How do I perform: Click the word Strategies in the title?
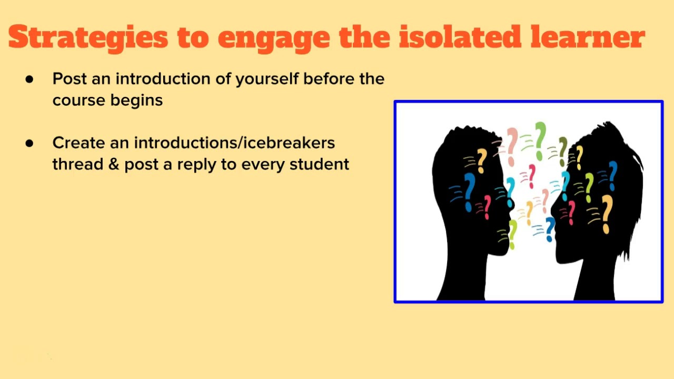(x=88, y=37)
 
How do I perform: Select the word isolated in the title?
(x=460, y=37)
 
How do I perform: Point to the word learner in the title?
(x=587, y=37)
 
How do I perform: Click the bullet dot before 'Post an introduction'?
(x=29, y=79)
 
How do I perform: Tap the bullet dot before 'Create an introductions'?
(x=29, y=144)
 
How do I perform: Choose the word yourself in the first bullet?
(x=267, y=79)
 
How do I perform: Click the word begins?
(x=136, y=101)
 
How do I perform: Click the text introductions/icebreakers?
(x=234, y=143)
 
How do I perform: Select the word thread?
(x=77, y=164)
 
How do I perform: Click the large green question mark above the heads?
(x=540, y=141)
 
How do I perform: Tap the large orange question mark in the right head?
(x=607, y=214)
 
